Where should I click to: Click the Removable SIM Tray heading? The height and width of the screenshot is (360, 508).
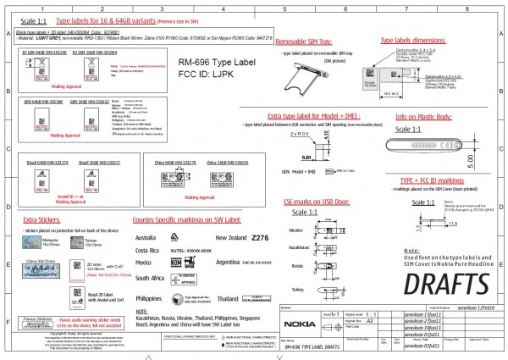[305, 41]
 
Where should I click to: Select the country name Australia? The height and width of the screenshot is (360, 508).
[150, 238]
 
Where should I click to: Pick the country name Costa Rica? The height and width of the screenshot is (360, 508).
[148, 252]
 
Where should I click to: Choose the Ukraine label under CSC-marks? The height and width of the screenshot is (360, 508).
[295, 229]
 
